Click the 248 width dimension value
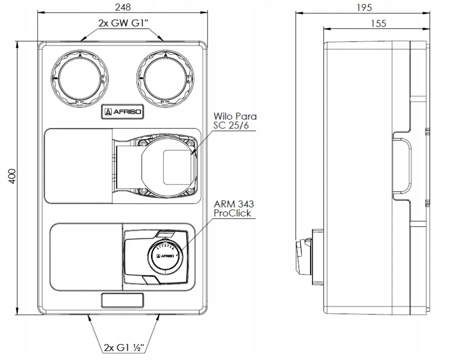point(122,7)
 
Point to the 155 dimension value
point(379,23)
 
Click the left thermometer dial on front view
point(78,79)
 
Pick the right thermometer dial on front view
point(165,79)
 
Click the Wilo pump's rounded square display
point(177,167)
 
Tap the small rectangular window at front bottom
point(122,301)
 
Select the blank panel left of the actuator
point(86,257)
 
